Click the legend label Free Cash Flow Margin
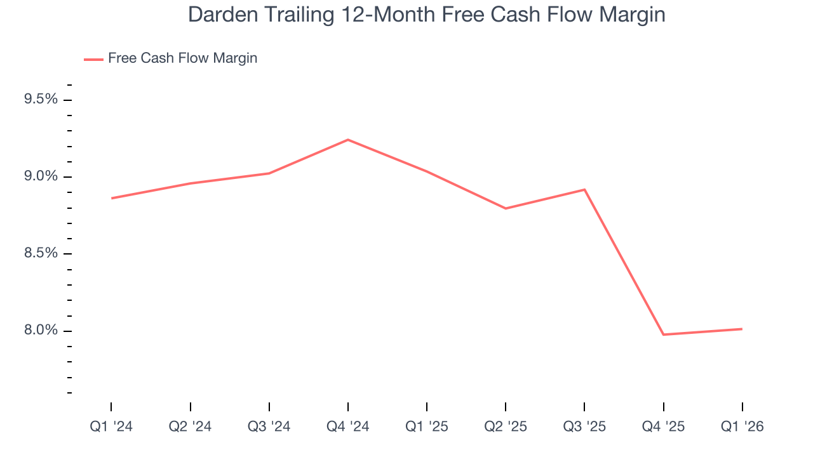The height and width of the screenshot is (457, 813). (x=182, y=58)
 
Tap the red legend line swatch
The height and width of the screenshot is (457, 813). (x=93, y=59)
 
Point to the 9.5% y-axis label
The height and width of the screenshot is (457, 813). (x=41, y=100)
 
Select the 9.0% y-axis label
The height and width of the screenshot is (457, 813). (x=41, y=176)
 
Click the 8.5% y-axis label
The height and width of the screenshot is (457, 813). (x=41, y=253)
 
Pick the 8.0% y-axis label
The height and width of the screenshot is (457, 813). (x=41, y=330)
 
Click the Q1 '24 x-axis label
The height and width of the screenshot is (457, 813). (x=111, y=427)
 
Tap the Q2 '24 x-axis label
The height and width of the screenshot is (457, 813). (x=190, y=427)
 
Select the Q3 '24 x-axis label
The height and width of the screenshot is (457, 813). (x=269, y=427)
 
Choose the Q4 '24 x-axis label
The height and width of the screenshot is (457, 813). (x=348, y=427)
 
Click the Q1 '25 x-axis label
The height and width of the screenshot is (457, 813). (x=427, y=427)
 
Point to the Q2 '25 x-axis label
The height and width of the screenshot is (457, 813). (x=506, y=427)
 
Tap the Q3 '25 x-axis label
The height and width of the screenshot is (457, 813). (x=584, y=427)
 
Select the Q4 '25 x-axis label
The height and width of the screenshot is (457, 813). (x=664, y=427)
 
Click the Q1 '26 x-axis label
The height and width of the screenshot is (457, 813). (x=742, y=427)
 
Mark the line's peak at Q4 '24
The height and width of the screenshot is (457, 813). (x=348, y=140)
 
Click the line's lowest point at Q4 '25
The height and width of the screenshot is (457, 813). (x=664, y=334)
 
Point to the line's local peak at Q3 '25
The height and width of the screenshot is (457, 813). (x=584, y=190)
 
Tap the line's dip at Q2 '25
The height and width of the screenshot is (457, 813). (x=506, y=208)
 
